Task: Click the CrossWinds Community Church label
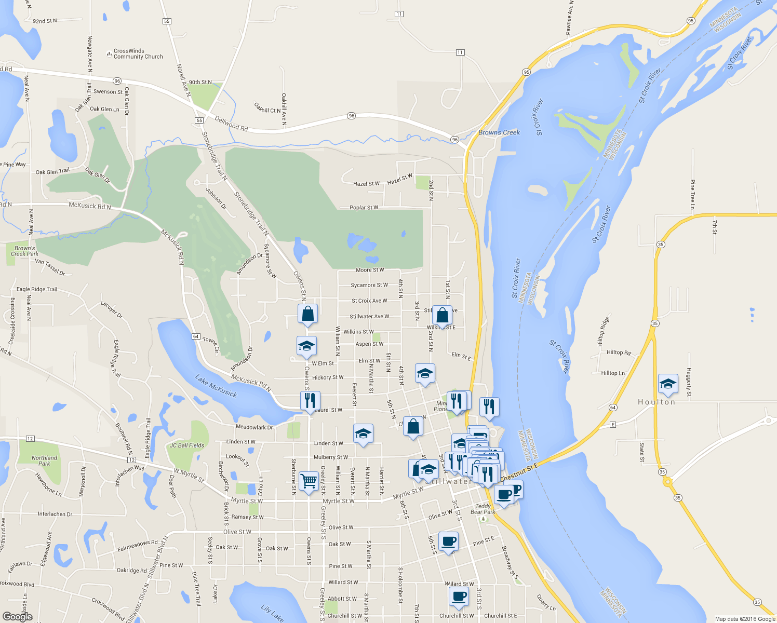(x=138, y=54)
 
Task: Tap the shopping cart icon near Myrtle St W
(x=309, y=481)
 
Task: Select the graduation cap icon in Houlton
(x=667, y=384)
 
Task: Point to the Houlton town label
(x=657, y=402)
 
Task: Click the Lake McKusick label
(x=216, y=386)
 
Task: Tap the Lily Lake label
(x=272, y=613)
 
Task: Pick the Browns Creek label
(x=499, y=132)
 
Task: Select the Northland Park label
(x=45, y=461)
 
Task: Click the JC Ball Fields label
(x=187, y=445)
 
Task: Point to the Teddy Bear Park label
(x=483, y=509)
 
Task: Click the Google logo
(x=18, y=616)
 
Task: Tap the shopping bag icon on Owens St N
(x=307, y=314)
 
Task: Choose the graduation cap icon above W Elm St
(x=306, y=346)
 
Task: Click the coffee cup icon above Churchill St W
(x=459, y=597)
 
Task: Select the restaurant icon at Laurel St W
(x=310, y=401)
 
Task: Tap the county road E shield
(x=613, y=425)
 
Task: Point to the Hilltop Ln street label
(x=613, y=373)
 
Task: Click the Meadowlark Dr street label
(x=254, y=427)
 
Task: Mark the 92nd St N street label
(x=45, y=21)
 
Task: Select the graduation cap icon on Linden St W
(x=363, y=434)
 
